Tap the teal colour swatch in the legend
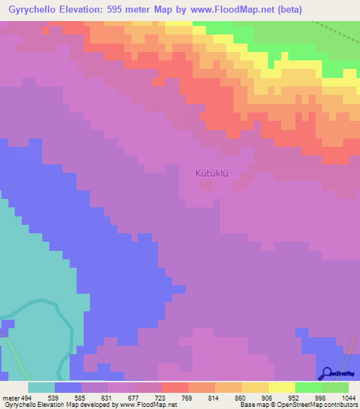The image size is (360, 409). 41,387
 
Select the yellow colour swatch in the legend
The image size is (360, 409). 281,387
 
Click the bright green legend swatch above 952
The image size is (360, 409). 308,387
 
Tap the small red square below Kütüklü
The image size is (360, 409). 206,186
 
